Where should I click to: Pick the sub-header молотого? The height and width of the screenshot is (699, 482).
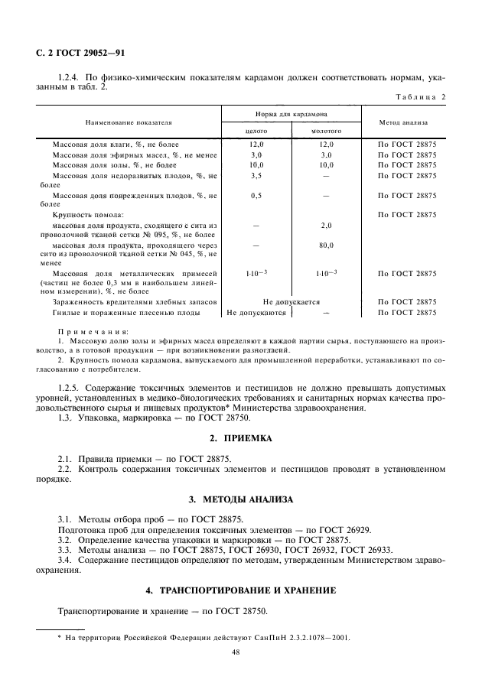click(x=327, y=131)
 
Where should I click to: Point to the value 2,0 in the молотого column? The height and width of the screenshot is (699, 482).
click(x=327, y=226)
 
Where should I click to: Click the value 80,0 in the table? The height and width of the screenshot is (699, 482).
click(x=327, y=245)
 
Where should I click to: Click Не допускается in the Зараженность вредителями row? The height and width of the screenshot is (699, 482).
click(x=291, y=302)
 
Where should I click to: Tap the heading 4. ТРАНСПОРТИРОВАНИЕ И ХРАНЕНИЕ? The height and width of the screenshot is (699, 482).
click(x=240, y=591)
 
